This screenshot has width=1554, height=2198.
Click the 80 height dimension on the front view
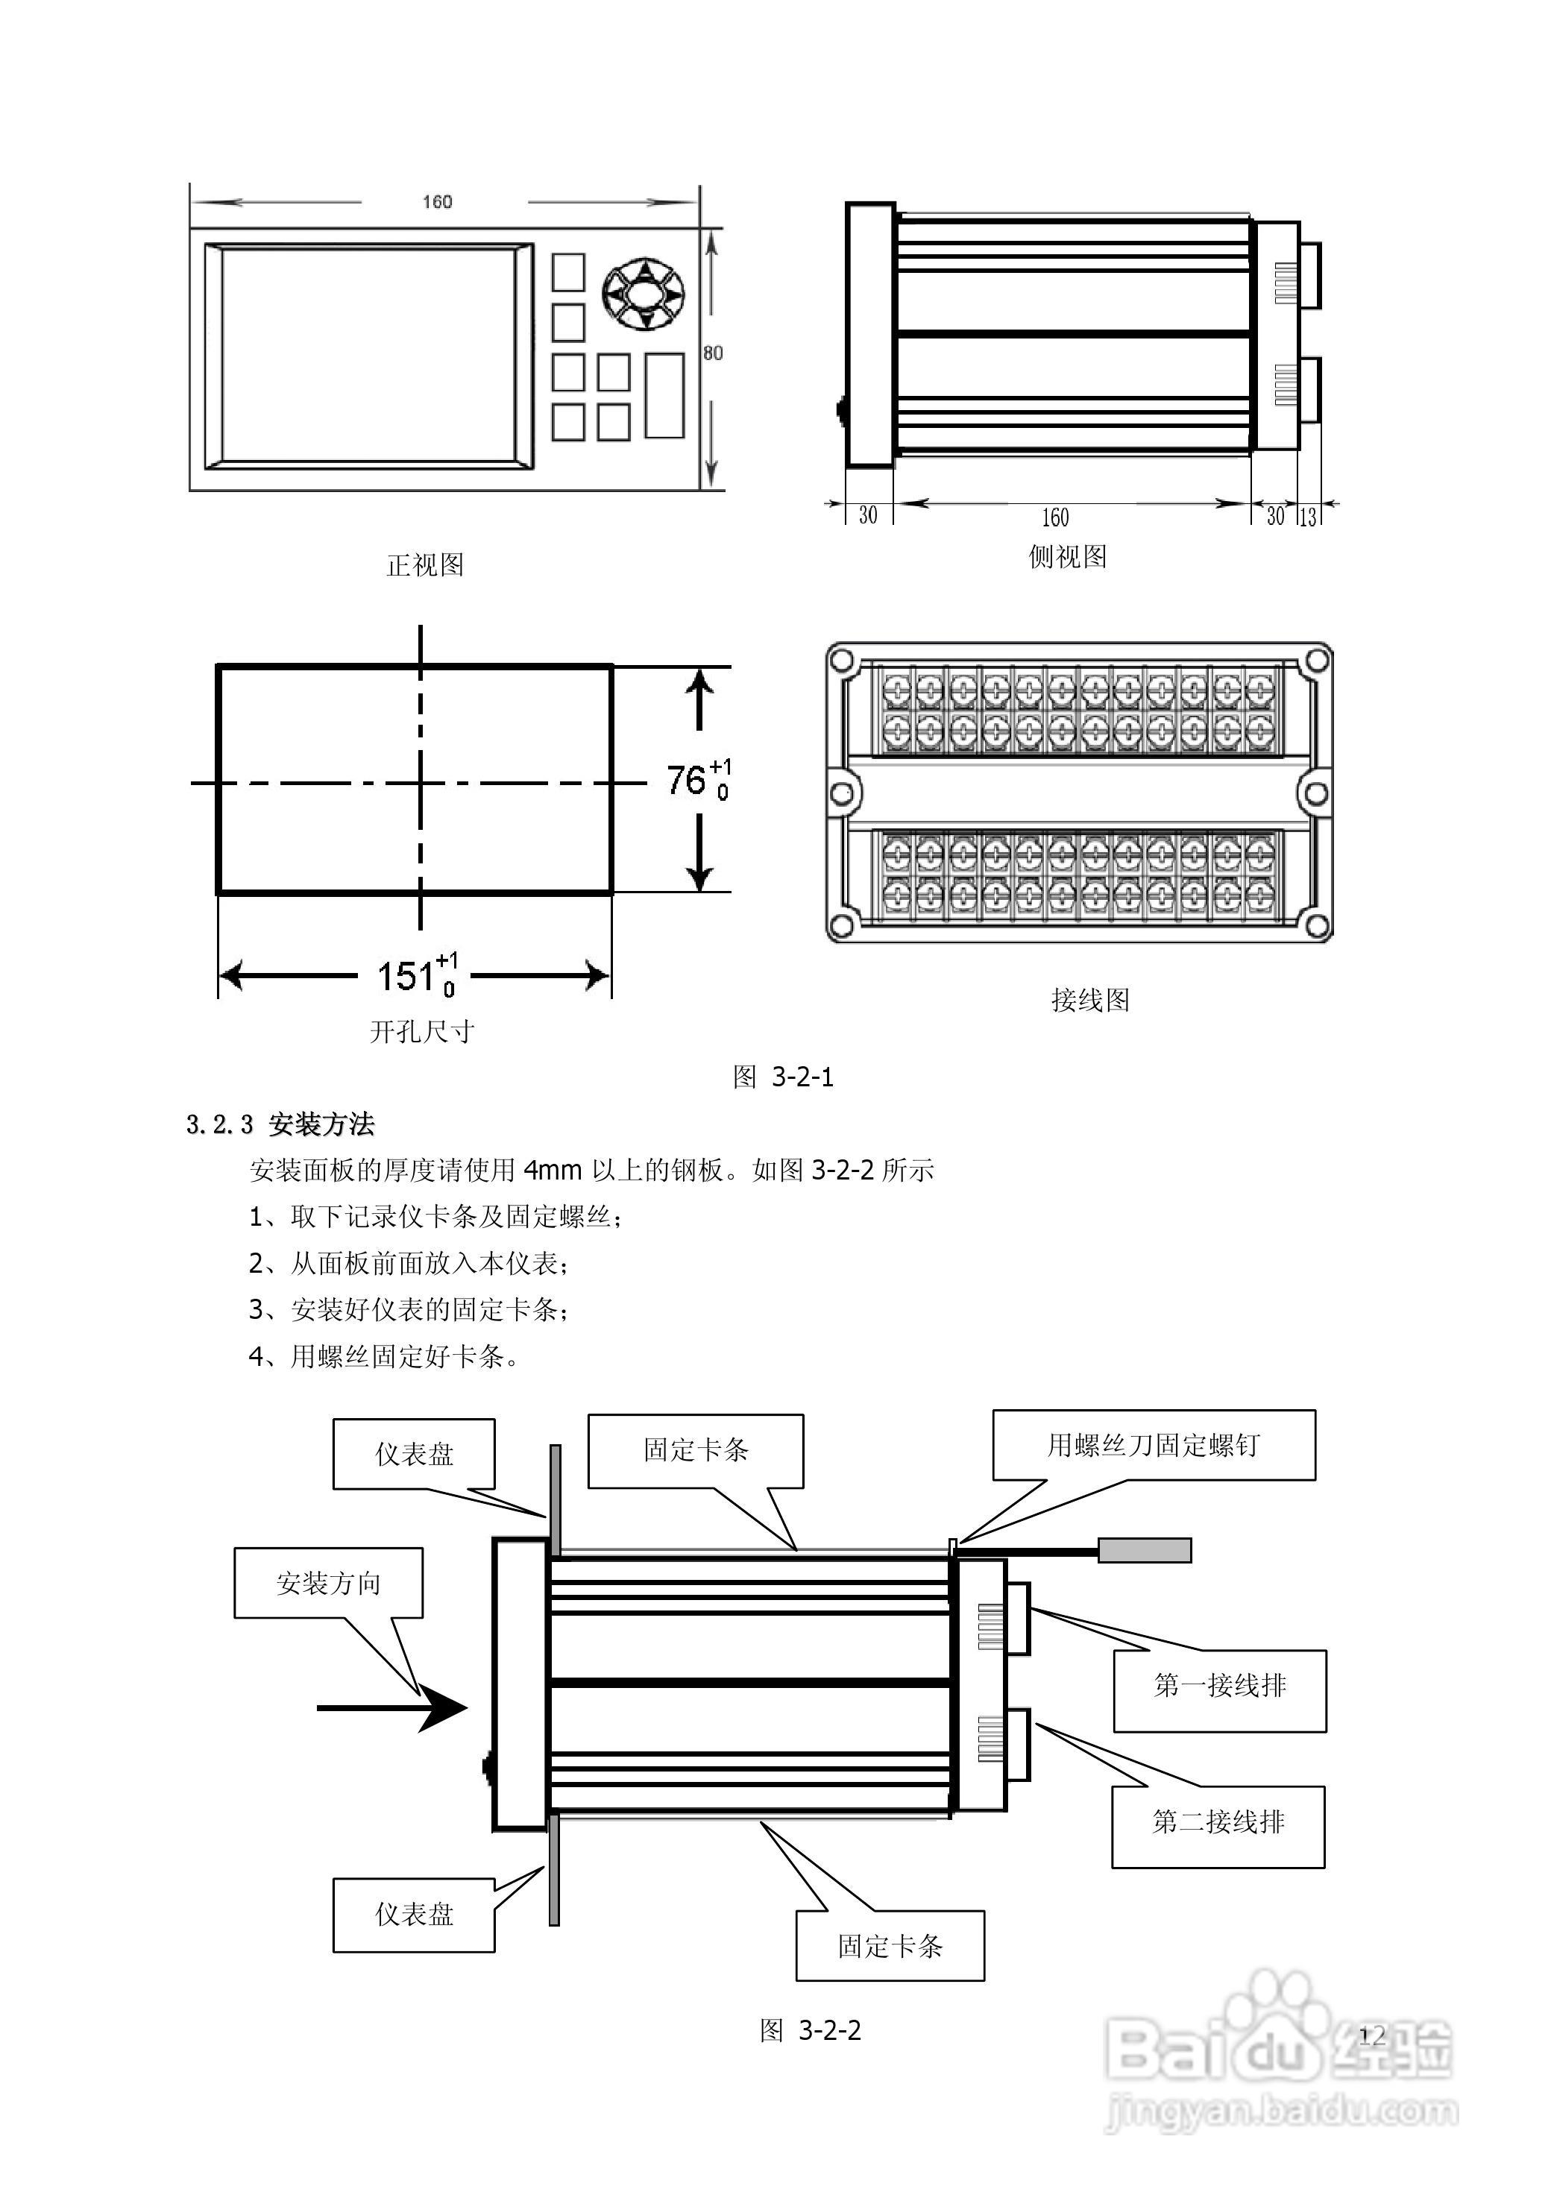714,353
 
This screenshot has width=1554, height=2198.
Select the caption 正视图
425,565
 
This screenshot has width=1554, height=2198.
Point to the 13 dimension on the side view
1308,517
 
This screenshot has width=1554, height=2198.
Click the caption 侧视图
1068,557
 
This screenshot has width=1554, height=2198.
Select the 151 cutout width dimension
418,975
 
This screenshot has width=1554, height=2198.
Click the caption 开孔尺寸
422,1031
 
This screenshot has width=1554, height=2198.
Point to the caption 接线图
1091,1001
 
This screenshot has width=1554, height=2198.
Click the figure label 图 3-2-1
783,1077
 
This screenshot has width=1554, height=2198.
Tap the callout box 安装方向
328,1584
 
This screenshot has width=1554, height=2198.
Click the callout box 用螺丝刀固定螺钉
1154,1446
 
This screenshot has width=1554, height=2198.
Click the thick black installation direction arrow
391,1708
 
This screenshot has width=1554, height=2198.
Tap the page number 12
1372,2035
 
